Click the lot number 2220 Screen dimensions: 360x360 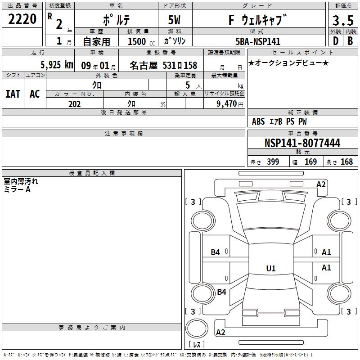pyautogui.click(x=22, y=19)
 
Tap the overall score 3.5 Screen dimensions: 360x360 pyautogui.click(x=343, y=20)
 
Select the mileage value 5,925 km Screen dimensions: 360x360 pyautogui.click(x=57, y=65)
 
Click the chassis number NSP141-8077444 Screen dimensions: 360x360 pyautogui.click(x=302, y=143)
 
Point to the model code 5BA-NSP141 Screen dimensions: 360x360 pyautogui.click(x=258, y=41)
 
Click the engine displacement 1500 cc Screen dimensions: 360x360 pyautogui.click(x=141, y=41)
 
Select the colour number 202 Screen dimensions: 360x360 pyautogui.click(x=74, y=104)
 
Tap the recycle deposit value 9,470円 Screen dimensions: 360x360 pyautogui.click(x=230, y=104)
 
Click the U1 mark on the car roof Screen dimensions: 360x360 pyautogui.click(x=271, y=268)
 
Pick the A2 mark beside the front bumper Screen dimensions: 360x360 pyautogui.click(x=321, y=184)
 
